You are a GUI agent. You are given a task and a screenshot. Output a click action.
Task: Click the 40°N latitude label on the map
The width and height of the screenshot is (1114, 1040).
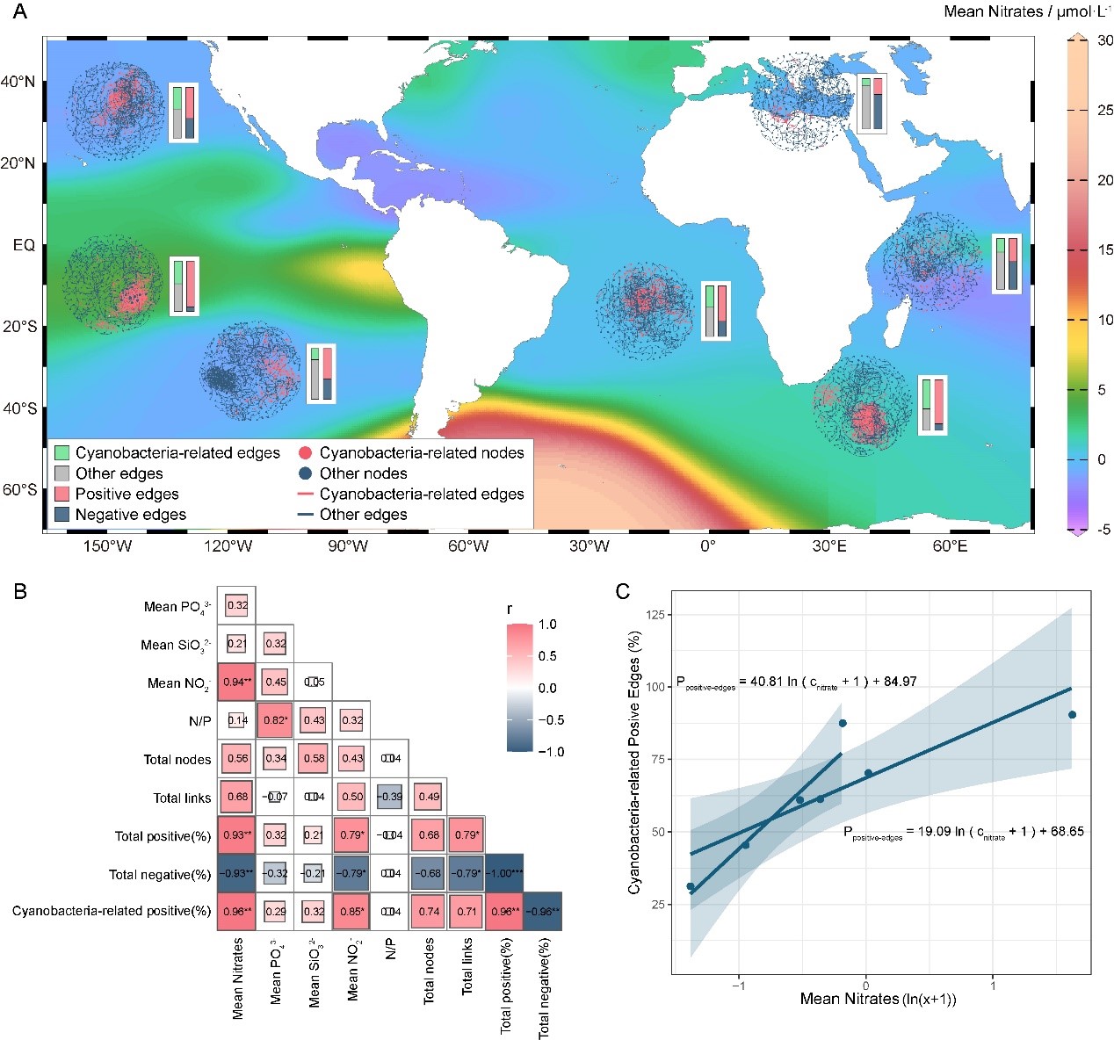(18, 82)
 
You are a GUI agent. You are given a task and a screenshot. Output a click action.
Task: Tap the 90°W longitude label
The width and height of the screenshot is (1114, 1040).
(348, 546)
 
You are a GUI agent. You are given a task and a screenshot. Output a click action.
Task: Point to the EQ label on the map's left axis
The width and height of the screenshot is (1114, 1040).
(24, 245)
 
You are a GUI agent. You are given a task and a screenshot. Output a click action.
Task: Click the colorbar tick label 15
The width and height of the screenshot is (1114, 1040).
(1104, 250)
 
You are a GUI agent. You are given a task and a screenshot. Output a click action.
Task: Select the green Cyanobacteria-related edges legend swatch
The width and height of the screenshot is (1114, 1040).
(61, 453)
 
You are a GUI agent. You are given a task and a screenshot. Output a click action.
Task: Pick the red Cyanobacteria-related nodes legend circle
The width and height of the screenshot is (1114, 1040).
(305, 453)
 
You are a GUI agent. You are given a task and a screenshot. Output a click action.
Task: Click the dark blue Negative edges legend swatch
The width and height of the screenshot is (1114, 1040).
(61, 515)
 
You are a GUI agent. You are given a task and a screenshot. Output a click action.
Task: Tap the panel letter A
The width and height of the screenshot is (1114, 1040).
(19, 11)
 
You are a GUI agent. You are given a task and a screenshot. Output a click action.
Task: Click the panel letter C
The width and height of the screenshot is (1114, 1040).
(622, 591)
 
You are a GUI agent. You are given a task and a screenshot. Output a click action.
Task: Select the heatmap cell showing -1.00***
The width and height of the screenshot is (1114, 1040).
(504, 874)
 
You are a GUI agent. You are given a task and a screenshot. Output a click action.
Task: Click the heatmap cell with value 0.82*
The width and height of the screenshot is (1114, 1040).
(275, 720)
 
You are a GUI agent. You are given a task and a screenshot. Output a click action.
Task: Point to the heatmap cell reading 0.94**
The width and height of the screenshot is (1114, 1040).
(237, 682)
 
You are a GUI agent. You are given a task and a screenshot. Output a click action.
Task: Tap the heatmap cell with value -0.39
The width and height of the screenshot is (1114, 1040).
(390, 797)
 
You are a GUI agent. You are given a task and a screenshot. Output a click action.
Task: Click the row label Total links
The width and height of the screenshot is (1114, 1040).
(182, 798)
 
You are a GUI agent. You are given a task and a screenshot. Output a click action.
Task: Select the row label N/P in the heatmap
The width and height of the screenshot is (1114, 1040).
(199, 721)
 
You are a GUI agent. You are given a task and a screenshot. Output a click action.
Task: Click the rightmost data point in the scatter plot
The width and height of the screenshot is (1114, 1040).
(1072, 715)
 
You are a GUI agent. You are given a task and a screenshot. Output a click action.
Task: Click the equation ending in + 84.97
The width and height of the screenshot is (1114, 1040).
(796, 682)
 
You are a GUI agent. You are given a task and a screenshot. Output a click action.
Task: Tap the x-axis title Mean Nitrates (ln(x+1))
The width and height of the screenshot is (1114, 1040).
(878, 999)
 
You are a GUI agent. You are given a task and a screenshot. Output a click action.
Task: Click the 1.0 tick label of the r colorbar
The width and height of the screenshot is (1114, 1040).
(547, 625)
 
